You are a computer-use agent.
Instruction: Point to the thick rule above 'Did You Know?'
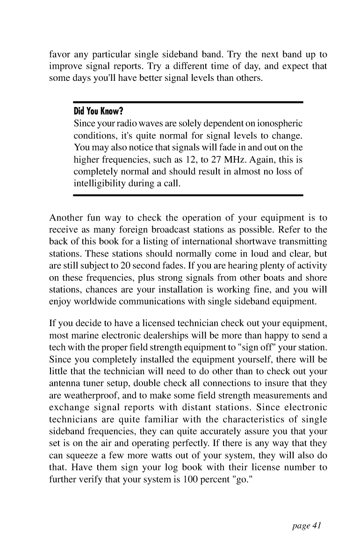point(188,102)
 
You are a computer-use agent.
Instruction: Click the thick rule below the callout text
point(188,195)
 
